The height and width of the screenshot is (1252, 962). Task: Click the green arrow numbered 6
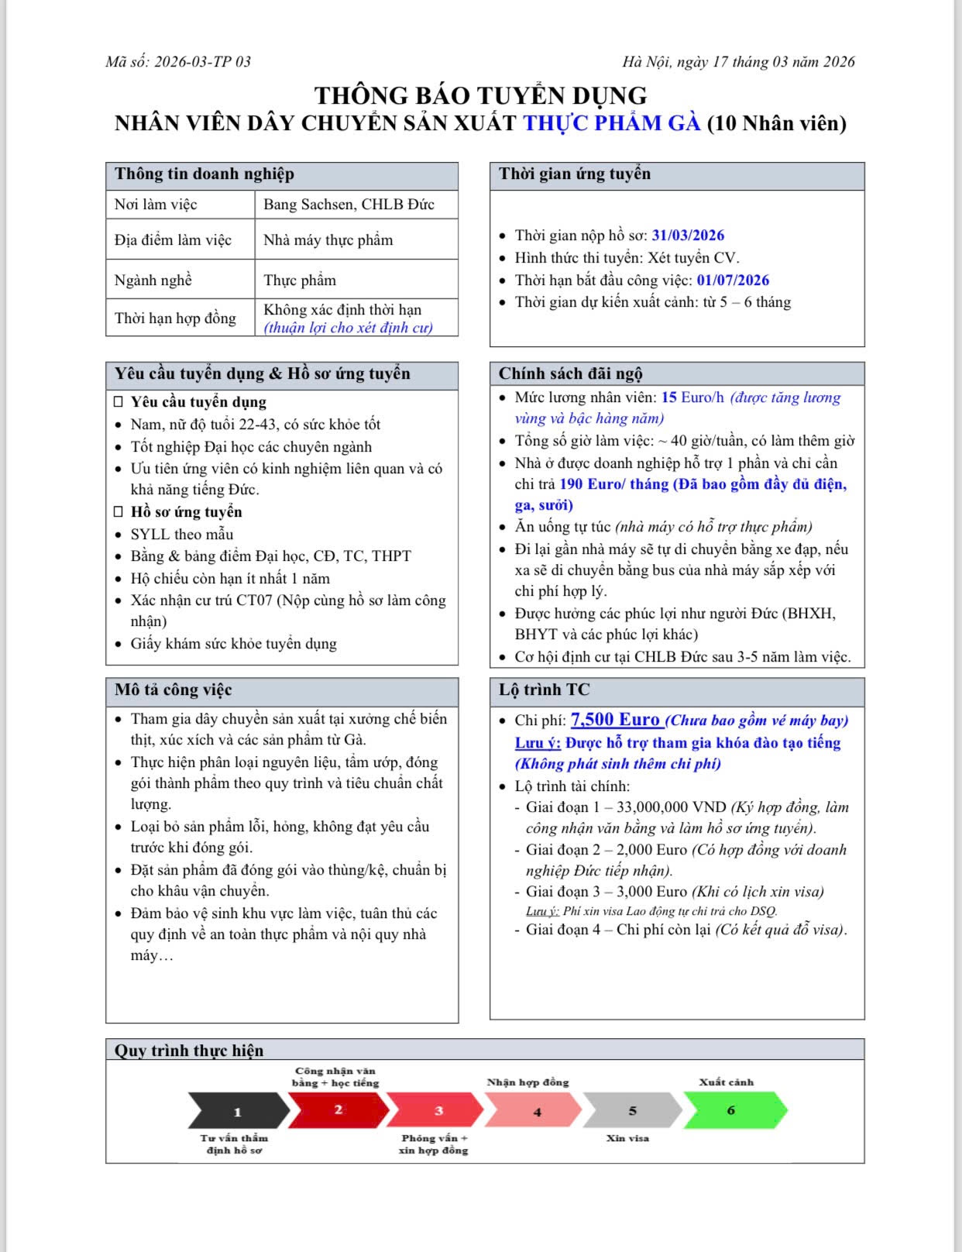(x=733, y=1109)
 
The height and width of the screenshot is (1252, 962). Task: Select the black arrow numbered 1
(x=237, y=1111)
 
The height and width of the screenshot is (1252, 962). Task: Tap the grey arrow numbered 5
(x=632, y=1110)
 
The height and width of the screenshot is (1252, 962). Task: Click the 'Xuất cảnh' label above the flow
(x=726, y=1082)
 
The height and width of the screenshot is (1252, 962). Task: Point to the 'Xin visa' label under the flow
(x=627, y=1138)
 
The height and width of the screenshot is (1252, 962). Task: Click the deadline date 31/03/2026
(x=688, y=236)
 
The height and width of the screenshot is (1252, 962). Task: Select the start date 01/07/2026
(x=733, y=280)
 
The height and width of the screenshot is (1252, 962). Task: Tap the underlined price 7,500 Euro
(x=616, y=720)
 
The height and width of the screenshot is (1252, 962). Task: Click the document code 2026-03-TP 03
(x=203, y=62)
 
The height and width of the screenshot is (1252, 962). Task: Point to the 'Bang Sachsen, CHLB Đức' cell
(x=349, y=205)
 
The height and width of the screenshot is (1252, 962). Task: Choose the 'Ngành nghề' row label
(x=153, y=280)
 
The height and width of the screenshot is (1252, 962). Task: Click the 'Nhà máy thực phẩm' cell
(x=328, y=240)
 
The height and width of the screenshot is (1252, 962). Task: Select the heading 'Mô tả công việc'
(x=174, y=690)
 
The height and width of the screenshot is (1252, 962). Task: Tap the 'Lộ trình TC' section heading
(x=544, y=690)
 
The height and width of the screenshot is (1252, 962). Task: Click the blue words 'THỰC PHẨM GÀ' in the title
(x=612, y=123)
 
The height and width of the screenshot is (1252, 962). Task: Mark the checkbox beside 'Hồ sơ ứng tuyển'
(x=119, y=512)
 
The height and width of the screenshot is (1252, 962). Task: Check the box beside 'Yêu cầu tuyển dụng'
(x=119, y=402)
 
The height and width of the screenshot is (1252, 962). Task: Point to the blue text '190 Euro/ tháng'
(x=613, y=484)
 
